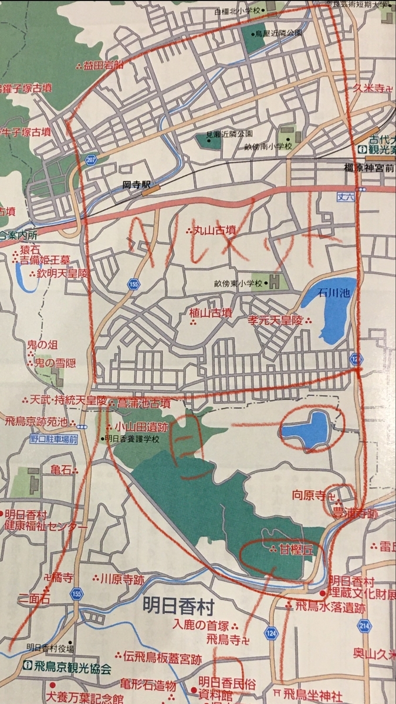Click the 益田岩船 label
pos(104,65)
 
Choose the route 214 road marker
pos(364,625)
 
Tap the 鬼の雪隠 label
pos(55,363)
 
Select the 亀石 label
pos(60,469)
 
